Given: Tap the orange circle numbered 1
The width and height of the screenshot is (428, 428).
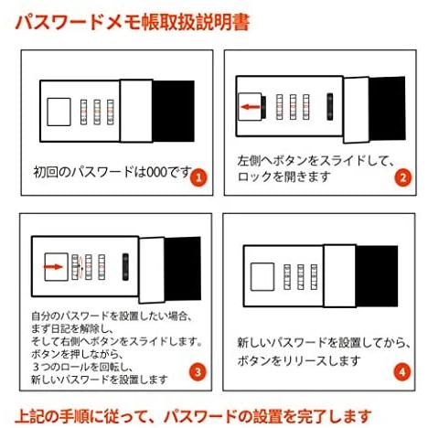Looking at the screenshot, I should click(x=198, y=177).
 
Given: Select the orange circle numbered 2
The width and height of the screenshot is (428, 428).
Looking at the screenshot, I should click(x=400, y=177).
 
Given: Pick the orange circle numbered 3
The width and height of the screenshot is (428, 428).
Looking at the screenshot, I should click(x=198, y=372).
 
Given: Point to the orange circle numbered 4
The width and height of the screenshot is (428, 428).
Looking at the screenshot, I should click(x=400, y=372).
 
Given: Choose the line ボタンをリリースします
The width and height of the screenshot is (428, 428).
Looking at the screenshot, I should click(x=288, y=360).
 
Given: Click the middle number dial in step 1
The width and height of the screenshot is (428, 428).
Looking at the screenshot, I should click(x=97, y=111).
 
